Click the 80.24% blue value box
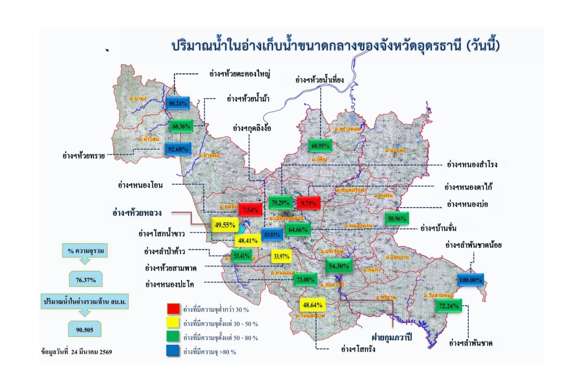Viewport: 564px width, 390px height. point(178,104)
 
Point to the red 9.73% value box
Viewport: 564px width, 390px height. point(309,202)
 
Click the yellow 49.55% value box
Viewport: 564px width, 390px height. point(224,224)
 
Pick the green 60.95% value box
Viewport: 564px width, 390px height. point(320,145)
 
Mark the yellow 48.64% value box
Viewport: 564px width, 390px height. point(312,305)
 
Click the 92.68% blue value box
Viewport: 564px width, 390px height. point(178,150)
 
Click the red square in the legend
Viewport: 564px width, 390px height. point(173,309)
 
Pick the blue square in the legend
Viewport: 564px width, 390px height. point(173,351)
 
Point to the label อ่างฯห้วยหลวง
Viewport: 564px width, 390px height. point(137,213)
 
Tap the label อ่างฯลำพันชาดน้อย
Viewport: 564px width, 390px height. point(473,245)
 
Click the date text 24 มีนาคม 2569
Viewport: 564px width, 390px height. point(90,352)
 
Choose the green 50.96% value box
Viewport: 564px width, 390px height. point(397,218)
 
